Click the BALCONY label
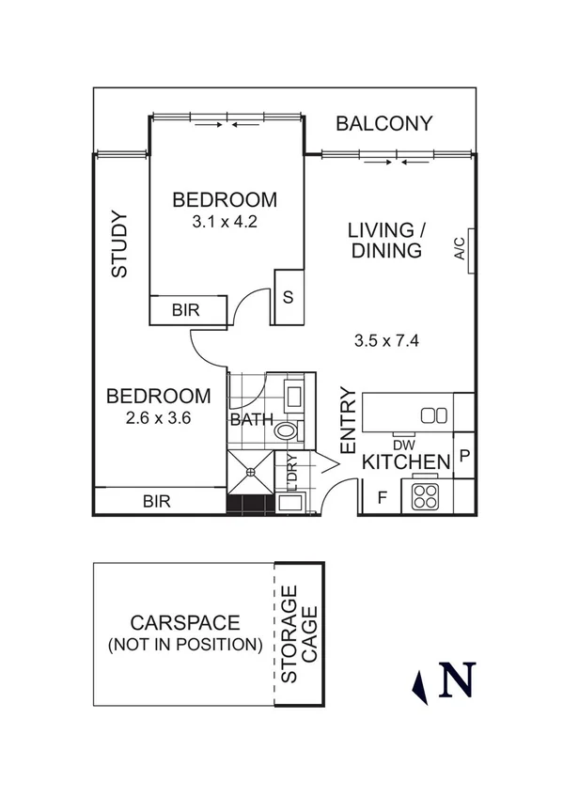(384, 123)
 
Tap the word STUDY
(119, 244)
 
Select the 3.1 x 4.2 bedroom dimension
(225, 223)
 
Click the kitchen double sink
(433, 415)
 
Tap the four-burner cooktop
(425, 495)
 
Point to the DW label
(403, 445)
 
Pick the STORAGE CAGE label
(299, 634)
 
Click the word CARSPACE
(185, 623)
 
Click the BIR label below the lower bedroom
(156, 501)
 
